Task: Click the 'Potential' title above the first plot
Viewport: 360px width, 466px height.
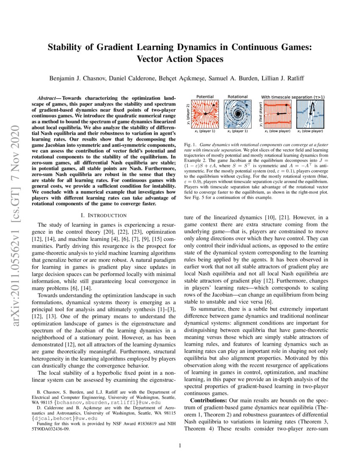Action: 205,97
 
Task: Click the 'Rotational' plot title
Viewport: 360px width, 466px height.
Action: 238,97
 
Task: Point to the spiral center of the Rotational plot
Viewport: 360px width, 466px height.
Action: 238,114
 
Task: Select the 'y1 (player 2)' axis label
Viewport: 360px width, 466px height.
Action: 187,114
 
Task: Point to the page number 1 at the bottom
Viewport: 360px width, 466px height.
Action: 180,445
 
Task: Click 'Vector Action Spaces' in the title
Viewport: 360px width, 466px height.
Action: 180,58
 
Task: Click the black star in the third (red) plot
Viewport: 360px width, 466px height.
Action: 278,114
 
